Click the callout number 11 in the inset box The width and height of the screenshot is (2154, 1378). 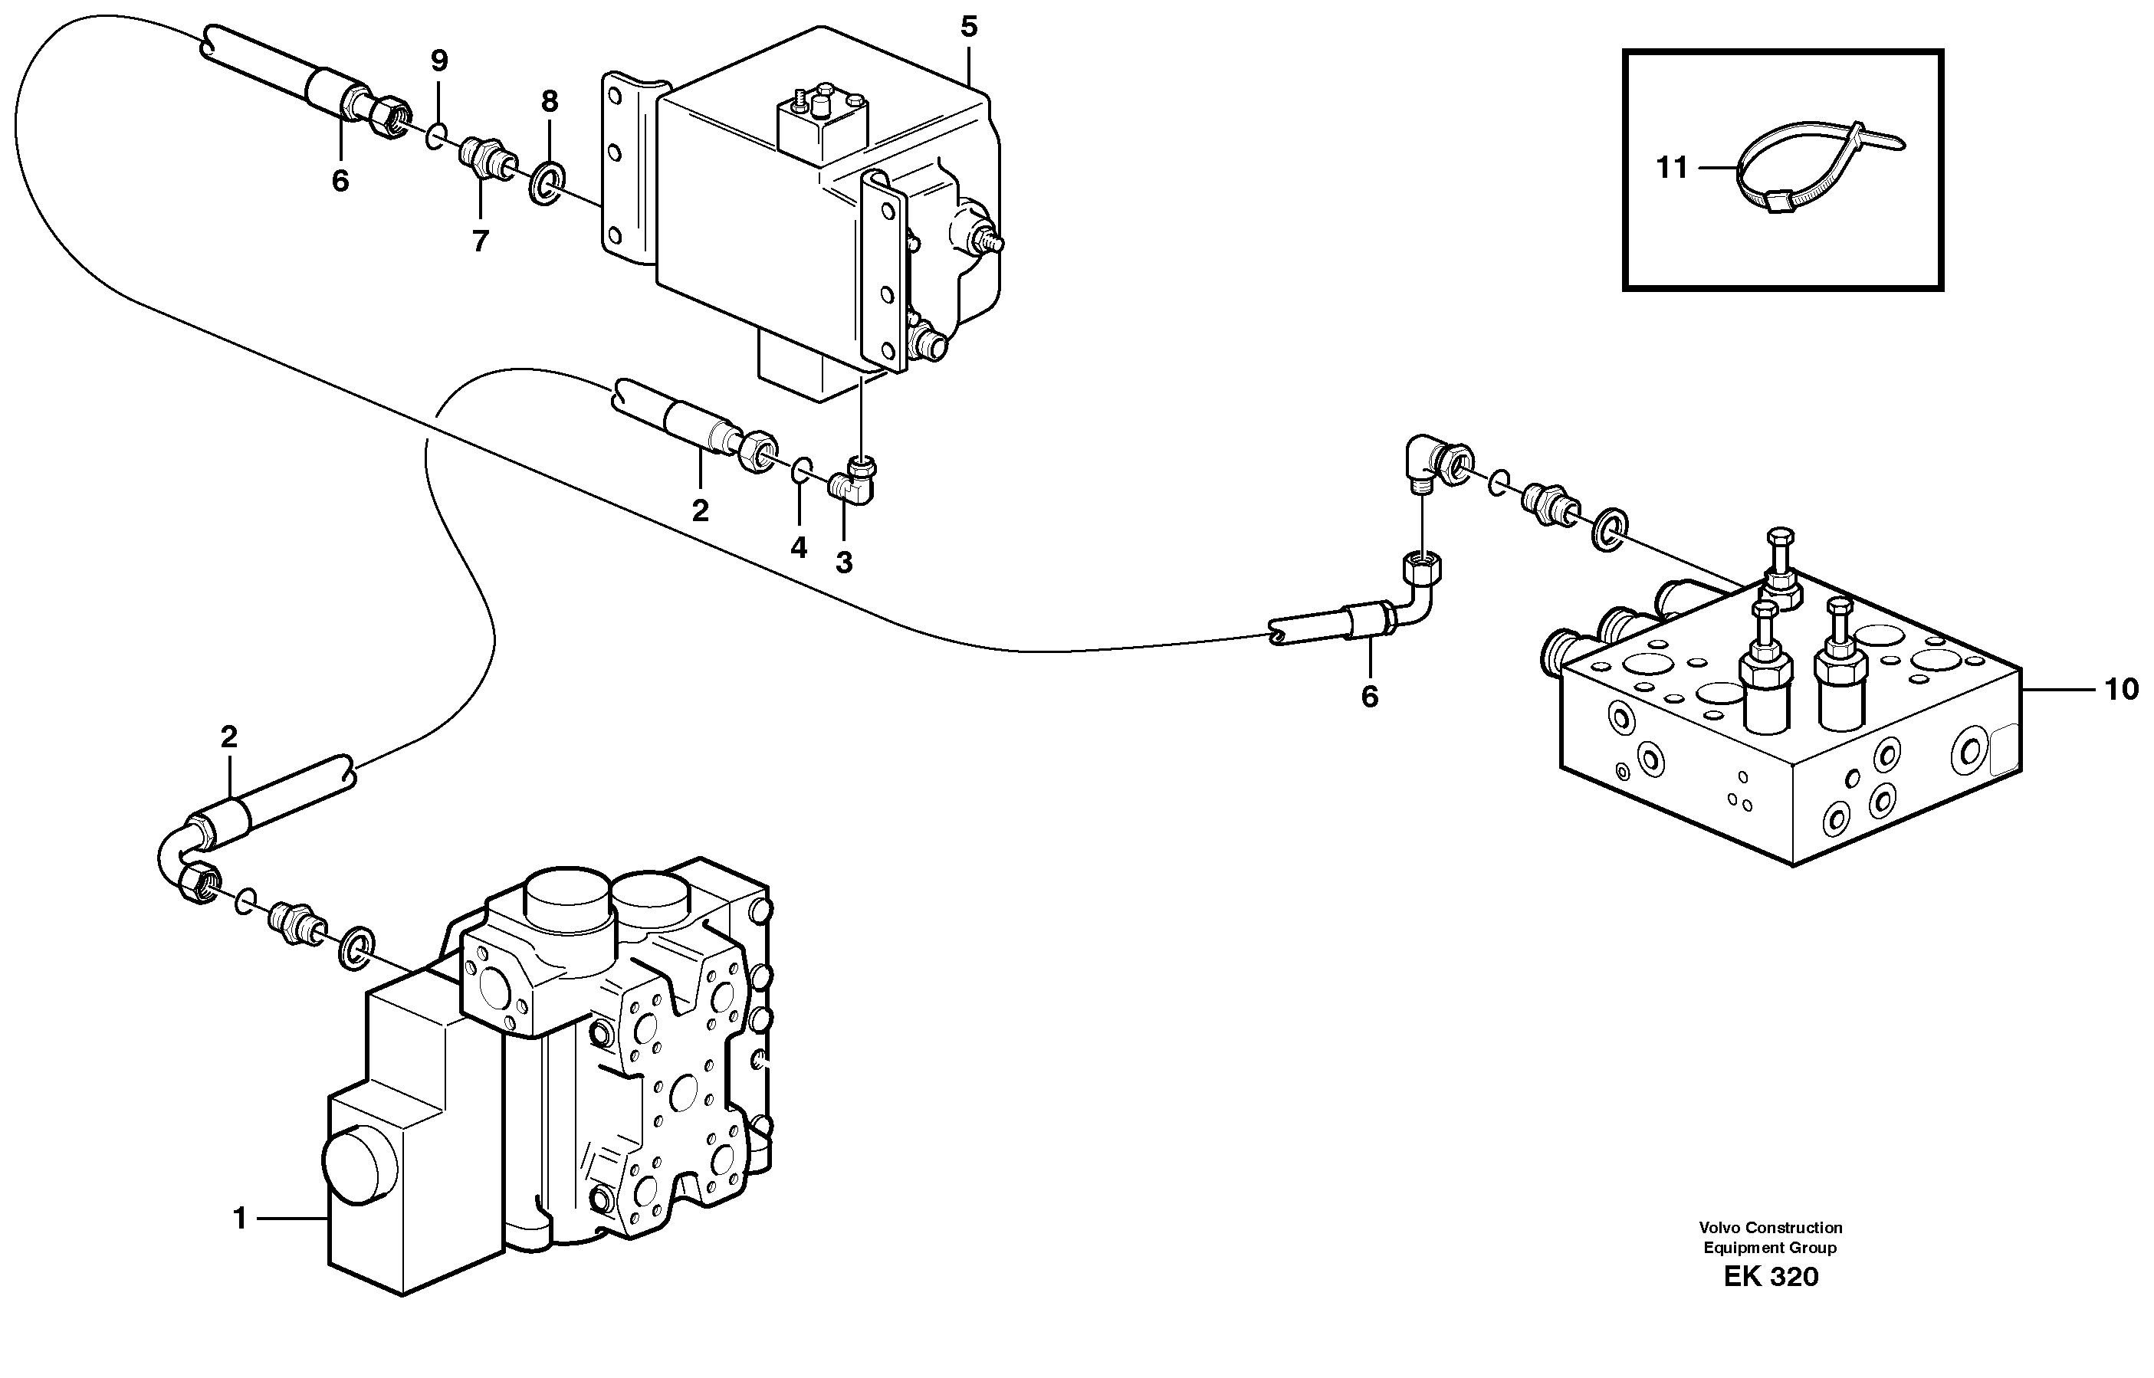coord(1671,167)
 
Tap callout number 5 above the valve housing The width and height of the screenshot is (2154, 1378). coord(969,27)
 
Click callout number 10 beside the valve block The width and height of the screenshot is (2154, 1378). coord(2120,689)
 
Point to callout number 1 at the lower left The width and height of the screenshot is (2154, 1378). coord(239,1219)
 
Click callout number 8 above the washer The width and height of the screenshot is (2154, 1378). coord(550,102)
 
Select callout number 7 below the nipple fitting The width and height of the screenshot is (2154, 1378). coord(481,241)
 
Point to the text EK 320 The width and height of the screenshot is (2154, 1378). coord(1771,1277)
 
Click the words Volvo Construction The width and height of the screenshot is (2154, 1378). coord(1771,1228)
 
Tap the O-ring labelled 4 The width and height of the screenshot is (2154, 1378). coord(803,469)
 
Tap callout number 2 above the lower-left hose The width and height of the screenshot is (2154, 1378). coord(229,737)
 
